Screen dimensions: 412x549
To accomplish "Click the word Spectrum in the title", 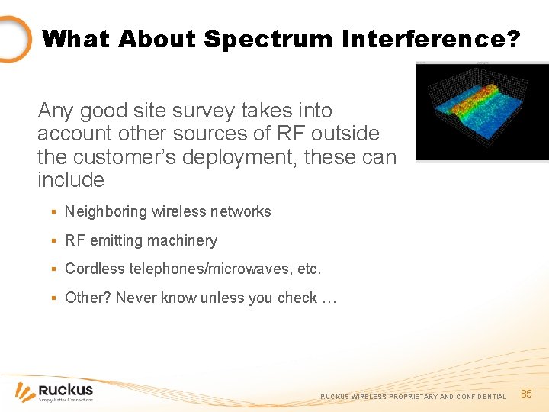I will point(258,39).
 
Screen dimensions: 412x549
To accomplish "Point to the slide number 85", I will point(526,394).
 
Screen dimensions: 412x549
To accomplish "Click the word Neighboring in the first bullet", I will point(106,211).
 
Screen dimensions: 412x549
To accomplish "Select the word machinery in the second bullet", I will point(181,240).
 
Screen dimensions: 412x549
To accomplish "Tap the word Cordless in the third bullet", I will point(91,269).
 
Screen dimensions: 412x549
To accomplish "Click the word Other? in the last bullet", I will point(88,298).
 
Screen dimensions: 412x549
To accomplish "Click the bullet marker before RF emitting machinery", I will point(53,241).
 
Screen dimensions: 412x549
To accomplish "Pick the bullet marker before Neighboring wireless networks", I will point(53,212).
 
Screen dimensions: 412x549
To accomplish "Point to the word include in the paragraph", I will point(70,180).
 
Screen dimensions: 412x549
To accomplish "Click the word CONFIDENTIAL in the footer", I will point(481,397).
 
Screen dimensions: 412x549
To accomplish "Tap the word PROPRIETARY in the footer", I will point(411,397).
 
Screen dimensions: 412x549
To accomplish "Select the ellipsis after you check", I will point(329,298).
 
